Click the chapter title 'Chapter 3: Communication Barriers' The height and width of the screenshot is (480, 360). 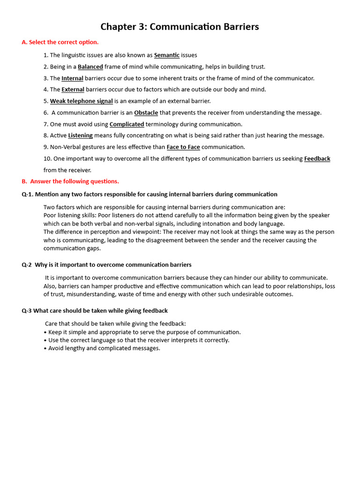180,27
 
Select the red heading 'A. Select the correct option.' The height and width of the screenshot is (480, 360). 60,42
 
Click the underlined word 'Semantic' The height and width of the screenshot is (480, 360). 166,55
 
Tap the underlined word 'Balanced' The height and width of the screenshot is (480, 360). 90,67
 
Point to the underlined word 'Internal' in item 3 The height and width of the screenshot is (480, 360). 72,78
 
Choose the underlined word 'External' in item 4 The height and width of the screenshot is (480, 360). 73,90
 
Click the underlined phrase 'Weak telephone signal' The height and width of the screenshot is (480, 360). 81,101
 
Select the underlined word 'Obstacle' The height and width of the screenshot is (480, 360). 146,113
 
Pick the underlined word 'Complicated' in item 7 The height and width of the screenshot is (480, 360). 127,124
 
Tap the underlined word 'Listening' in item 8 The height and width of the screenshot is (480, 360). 80,135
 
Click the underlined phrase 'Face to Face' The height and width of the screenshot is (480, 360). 183,147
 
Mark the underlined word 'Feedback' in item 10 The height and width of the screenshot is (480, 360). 317,159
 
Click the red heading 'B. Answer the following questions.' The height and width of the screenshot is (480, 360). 70,181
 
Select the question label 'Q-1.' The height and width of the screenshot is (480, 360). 28,195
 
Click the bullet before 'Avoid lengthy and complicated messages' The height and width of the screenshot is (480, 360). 45,348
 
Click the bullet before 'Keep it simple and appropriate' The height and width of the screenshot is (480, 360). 45,332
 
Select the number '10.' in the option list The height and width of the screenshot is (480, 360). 47,159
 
